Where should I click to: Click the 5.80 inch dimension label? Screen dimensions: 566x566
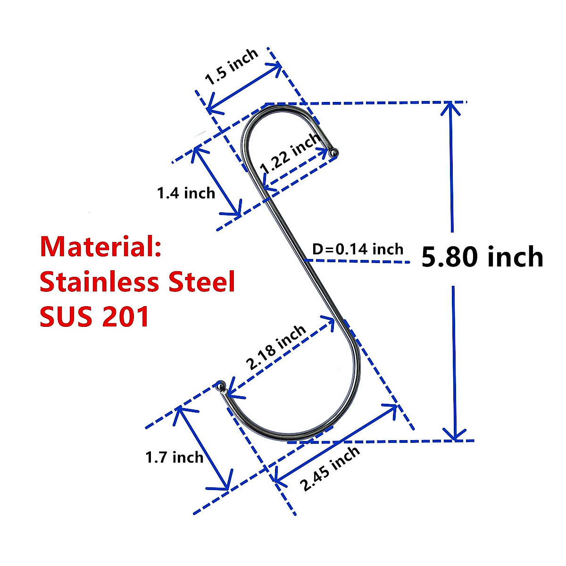482,258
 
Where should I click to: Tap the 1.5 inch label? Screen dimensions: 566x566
232,67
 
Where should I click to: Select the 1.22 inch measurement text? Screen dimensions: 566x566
291,153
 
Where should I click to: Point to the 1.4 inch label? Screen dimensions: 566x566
186,193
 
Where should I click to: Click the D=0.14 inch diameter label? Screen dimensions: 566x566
358,249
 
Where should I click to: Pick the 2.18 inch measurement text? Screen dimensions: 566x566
276,348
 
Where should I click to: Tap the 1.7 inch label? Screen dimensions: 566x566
174,457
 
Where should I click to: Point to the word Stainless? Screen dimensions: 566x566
95,282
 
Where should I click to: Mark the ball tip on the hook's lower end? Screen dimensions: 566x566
220,385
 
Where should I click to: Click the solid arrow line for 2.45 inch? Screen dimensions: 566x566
335,443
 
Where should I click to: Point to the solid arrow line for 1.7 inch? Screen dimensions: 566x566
203,449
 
